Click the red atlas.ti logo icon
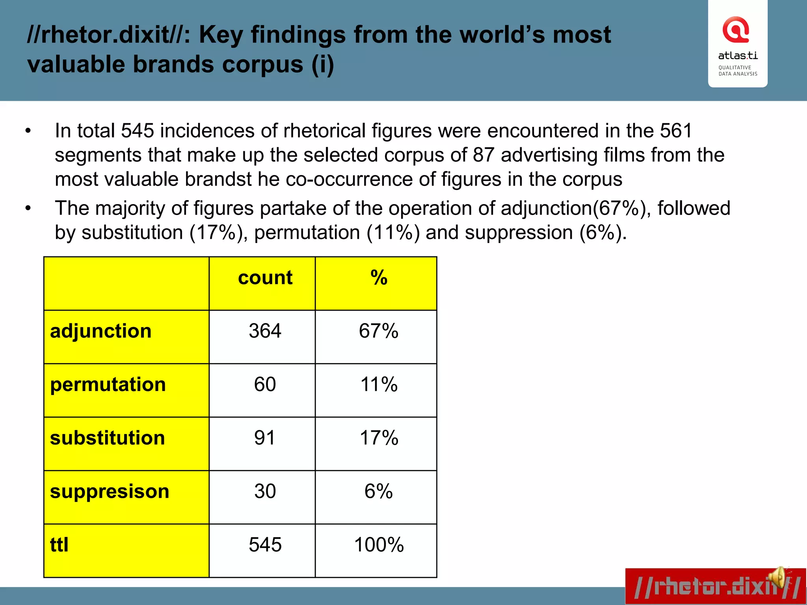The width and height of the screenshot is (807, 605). [x=735, y=30]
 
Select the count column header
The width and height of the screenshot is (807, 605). [x=265, y=278]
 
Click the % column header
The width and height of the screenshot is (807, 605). [x=379, y=278]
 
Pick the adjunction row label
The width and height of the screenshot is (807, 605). [x=101, y=331]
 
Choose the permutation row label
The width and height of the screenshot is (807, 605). [x=108, y=384]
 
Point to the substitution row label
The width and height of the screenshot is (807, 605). [x=108, y=438]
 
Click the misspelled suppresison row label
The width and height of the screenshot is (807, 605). [x=110, y=492]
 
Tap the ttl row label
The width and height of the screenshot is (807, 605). [x=60, y=545]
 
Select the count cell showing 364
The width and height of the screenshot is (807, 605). [x=265, y=331]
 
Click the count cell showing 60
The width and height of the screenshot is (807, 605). [x=265, y=384]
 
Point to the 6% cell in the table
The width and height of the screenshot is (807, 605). [x=378, y=492]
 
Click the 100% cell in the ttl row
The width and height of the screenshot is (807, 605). [x=379, y=545]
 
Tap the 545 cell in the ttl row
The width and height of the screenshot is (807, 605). [x=265, y=545]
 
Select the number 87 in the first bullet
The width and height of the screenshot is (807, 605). [x=483, y=155]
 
